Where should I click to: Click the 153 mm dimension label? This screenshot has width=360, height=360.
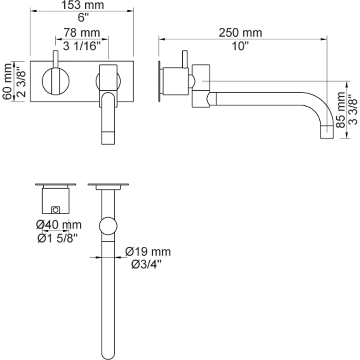click(x=82, y=5)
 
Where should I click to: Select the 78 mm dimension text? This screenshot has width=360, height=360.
click(x=82, y=33)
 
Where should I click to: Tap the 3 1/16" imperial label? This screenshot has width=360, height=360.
click(x=82, y=47)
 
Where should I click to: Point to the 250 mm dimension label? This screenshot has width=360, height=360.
click(x=240, y=33)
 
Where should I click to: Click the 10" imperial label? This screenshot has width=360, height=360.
click(x=240, y=46)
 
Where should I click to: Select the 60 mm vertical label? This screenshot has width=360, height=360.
click(x=6, y=81)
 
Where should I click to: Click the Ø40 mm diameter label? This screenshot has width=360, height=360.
click(x=58, y=225)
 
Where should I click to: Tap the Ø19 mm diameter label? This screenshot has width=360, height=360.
click(x=148, y=252)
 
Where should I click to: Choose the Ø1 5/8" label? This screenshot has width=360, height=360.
click(x=58, y=238)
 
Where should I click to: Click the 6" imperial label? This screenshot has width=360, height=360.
click(x=82, y=18)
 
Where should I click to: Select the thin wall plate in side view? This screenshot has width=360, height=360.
click(x=160, y=81)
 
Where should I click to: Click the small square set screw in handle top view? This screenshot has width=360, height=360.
click(x=56, y=210)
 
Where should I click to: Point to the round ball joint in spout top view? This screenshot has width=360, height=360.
click(x=108, y=227)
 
